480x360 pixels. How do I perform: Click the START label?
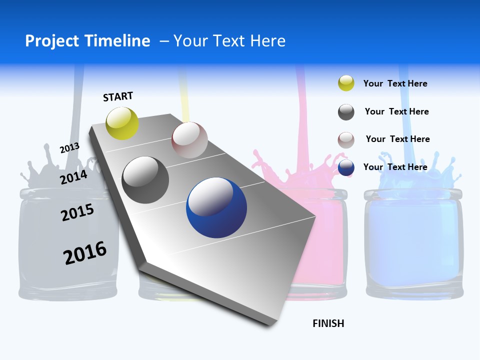tap(118, 96)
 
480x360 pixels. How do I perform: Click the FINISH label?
tap(328, 323)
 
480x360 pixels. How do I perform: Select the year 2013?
tap(69, 148)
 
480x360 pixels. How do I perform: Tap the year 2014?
tap(73, 177)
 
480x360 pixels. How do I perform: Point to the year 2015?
tap(77, 212)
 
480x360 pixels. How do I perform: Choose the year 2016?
tap(85, 253)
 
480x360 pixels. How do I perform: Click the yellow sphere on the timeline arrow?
tap(122, 123)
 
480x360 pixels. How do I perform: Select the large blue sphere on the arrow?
tap(216, 207)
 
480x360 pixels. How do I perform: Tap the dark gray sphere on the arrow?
tap(145, 180)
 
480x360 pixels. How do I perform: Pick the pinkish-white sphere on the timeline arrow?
tap(189, 140)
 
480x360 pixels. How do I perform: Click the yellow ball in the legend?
tap(346, 83)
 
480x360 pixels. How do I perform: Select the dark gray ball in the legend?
tap(346, 112)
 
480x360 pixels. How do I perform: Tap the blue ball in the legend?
tap(346, 167)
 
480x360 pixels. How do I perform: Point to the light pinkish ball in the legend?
tap(346, 140)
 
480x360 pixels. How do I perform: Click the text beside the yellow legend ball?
tap(395, 83)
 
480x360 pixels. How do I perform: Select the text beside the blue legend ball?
tap(395, 167)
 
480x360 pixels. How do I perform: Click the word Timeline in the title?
tap(118, 41)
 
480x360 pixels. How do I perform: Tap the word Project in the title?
tap(52, 41)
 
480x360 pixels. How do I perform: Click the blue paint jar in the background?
tap(413, 240)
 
